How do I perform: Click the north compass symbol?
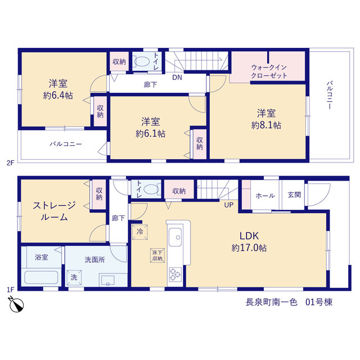pyautogui.click(x=16, y=305)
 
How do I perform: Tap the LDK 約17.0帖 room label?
pyautogui.click(x=249, y=242)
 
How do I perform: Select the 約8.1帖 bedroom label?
pyautogui.click(x=266, y=119)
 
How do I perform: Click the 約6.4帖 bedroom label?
pyautogui.click(x=58, y=89)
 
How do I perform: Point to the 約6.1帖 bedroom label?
pyautogui.click(x=151, y=128)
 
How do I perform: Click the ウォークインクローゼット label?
pyautogui.click(x=269, y=71)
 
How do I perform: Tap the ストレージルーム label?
pyautogui.click(x=54, y=211)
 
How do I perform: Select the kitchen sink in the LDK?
pyautogui.click(x=175, y=237)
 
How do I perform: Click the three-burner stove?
pyautogui.click(x=175, y=274)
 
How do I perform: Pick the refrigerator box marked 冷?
pyautogui.click(x=140, y=232)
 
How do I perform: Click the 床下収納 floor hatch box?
pyautogui.click(x=157, y=255)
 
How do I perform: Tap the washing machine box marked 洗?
pyautogui.click(x=74, y=277)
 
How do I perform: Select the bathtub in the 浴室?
pyautogui.click(x=41, y=277)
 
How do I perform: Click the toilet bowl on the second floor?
pyautogui.click(x=142, y=61)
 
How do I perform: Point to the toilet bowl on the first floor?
pyautogui.click(x=151, y=190)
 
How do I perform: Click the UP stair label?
pyautogui.click(x=229, y=205)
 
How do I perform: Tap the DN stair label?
pyautogui.click(x=177, y=78)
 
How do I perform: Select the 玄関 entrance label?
pyautogui.click(x=294, y=195)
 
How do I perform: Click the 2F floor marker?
pyautogui.click(x=11, y=163)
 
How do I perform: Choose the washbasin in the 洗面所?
pyautogui.click(x=108, y=281)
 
